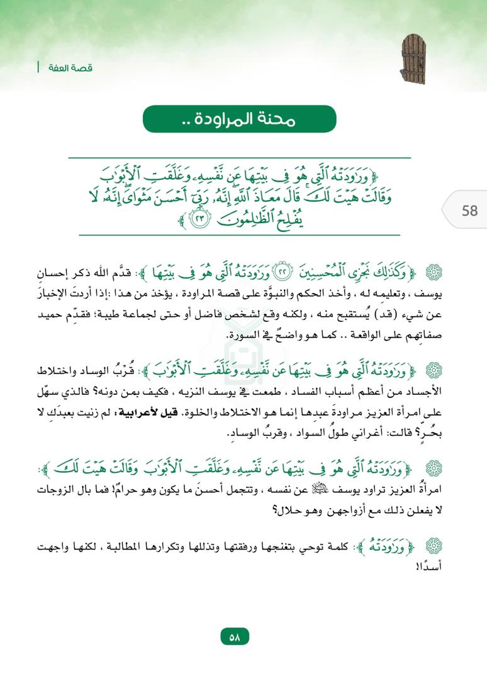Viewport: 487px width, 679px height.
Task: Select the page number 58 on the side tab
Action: [469, 210]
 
